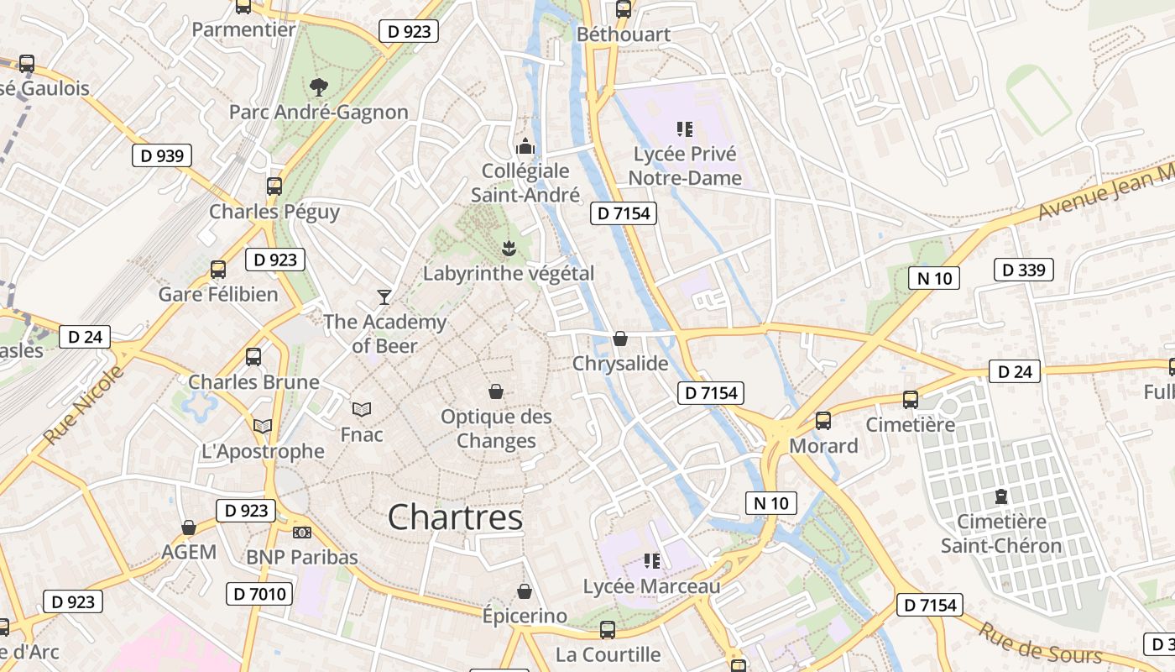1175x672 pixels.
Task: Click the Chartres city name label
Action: (x=456, y=517)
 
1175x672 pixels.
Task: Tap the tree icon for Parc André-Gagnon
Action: (x=318, y=86)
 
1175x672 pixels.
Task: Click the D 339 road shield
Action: (x=1023, y=270)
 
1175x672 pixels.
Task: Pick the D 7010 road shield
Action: (x=259, y=594)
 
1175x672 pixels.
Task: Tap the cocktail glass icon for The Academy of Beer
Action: (x=384, y=297)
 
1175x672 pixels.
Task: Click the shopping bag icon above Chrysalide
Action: (x=620, y=339)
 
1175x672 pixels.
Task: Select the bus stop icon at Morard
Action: (x=823, y=421)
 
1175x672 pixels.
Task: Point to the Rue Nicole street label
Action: (x=83, y=405)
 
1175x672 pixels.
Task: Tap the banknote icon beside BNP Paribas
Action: (x=302, y=532)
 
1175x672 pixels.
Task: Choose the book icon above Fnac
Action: (x=362, y=409)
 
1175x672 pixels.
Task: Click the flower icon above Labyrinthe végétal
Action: (x=508, y=248)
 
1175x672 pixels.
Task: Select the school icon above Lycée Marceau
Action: (x=651, y=560)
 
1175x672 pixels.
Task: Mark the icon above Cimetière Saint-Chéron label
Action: (x=1001, y=496)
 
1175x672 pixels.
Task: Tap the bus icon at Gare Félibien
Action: (x=218, y=269)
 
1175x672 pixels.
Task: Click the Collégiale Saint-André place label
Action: (x=525, y=183)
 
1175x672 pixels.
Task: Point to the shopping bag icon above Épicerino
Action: (x=525, y=591)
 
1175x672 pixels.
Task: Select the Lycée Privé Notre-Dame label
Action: (x=685, y=166)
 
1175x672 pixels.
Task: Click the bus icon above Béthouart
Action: (x=623, y=9)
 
